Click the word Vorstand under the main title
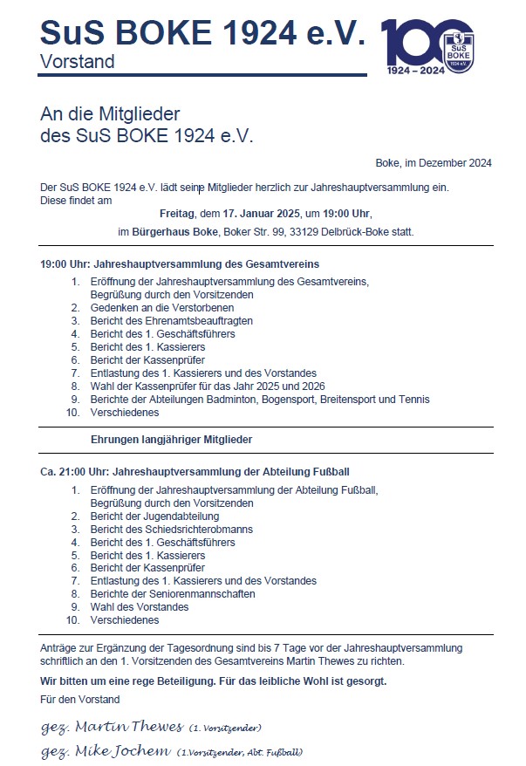click(x=77, y=62)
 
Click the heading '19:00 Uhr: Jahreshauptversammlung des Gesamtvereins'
click(x=180, y=263)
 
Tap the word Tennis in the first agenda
click(x=413, y=400)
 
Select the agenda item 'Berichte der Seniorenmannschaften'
click(x=173, y=594)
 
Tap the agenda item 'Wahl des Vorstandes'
click(x=140, y=607)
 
